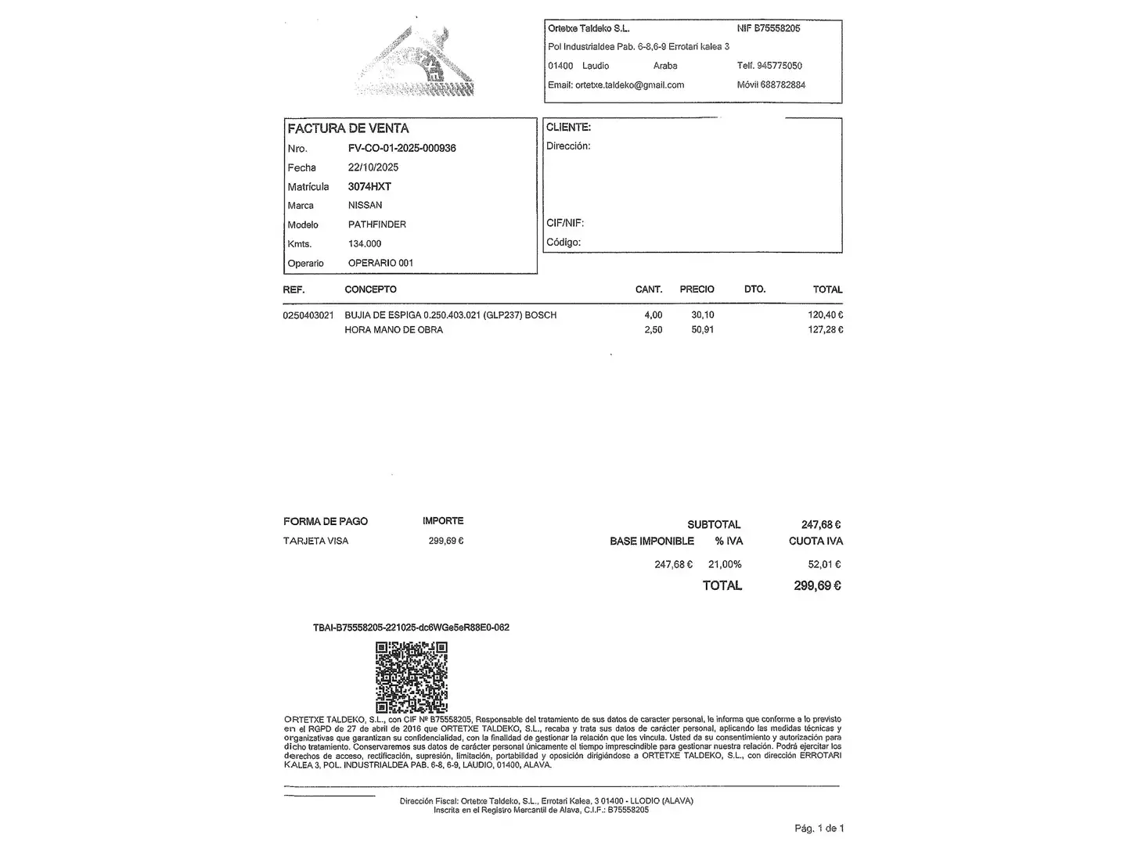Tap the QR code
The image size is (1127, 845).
[411, 677]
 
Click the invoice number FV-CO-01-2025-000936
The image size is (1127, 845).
[401, 148]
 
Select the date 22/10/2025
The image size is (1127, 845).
[373, 167]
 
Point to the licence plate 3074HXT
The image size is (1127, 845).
[369, 186]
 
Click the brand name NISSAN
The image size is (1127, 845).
[365, 205]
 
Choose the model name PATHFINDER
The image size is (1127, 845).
[376, 225]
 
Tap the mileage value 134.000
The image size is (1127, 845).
[365, 243]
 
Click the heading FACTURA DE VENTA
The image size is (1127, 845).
[348, 128]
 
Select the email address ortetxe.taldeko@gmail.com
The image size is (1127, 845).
[629, 85]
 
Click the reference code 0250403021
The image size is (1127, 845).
[308, 315]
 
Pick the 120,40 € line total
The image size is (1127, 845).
[825, 315]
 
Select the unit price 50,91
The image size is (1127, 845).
[702, 330]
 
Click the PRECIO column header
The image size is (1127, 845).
[697, 289]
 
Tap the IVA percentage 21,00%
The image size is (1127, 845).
[725, 564]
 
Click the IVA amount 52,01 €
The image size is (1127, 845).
[824, 564]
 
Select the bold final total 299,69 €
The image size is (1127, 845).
[817, 585]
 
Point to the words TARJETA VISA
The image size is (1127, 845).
[315, 541]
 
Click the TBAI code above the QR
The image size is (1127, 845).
[411, 627]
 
